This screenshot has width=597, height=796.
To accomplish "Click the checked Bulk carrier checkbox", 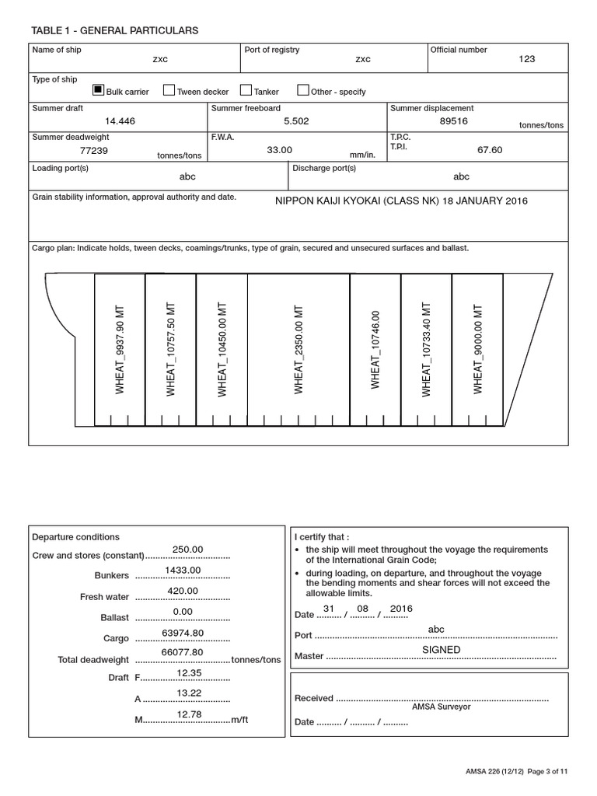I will click(x=98, y=90).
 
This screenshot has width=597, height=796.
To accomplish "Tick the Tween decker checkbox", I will click(x=169, y=90).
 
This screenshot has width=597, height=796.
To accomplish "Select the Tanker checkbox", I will click(x=246, y=90).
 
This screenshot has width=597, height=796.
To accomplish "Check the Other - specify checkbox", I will click(x=303, y=90).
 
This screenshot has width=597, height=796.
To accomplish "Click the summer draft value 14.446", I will click(x=120, y=121).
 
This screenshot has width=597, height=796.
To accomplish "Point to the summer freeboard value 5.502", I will click(x=298, y=121).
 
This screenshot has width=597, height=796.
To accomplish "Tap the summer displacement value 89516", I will click(x=454, y=121).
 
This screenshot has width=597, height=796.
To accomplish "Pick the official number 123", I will click(x=527, y=59).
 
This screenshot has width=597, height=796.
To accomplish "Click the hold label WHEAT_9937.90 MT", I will click(x=120, y=349).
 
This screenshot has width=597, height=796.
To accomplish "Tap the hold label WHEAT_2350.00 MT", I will click(x=298, y=349).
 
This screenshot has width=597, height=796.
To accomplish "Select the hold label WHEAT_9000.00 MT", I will click(x=477, y=349).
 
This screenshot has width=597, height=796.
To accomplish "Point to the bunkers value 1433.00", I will click(x=183, y=570).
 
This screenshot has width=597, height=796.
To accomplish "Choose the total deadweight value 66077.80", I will click(x=183, y=652).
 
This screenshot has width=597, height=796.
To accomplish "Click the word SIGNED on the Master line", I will click(x=441, y=649).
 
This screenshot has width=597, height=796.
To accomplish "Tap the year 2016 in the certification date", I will click(x=401, y=608).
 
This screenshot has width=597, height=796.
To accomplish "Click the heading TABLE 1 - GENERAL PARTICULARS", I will click(x=115, y=30).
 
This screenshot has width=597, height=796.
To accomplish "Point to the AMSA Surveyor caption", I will click(x=441, y=707).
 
